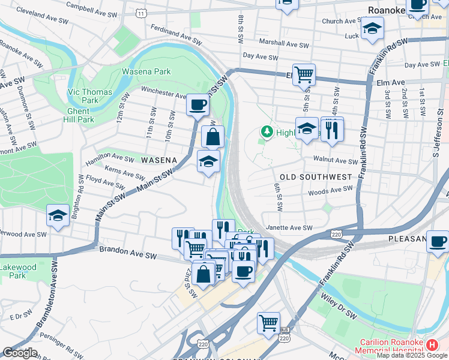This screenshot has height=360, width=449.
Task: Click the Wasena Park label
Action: [146, 71]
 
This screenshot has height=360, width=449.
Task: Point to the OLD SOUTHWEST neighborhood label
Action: [315, 177]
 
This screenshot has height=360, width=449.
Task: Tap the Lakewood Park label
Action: [13, 271]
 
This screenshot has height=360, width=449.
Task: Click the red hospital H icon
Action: [432, 344]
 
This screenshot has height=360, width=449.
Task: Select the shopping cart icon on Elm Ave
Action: [304, 74]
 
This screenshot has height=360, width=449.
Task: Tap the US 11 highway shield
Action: [140, 13]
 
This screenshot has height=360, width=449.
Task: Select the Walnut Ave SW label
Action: [336, 160]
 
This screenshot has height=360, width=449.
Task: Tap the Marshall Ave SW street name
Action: [283, 43]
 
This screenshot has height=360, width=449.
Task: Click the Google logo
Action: [19, 353]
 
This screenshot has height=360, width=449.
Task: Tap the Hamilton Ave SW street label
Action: [110, 158]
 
